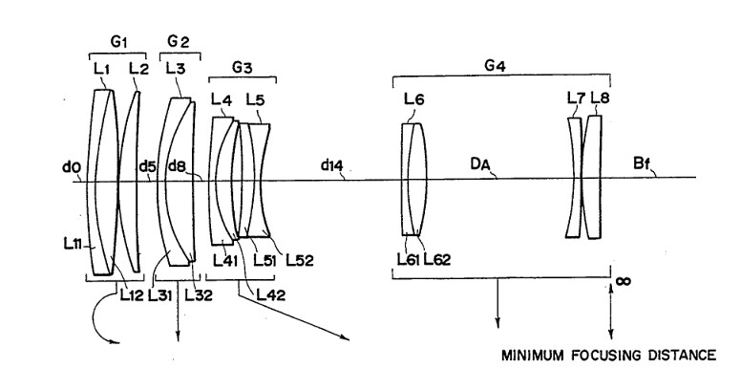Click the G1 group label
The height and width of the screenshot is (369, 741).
(118, 42)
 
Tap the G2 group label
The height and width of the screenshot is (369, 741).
(179, 42)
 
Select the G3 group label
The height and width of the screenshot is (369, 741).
(242, 68)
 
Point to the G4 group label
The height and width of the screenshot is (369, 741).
(495, 66)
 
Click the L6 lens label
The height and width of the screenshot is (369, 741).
(414, 99)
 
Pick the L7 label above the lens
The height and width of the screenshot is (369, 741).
(575, 98)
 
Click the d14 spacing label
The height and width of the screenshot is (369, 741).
(331, 165)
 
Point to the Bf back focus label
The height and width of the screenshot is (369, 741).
(641, 164)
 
